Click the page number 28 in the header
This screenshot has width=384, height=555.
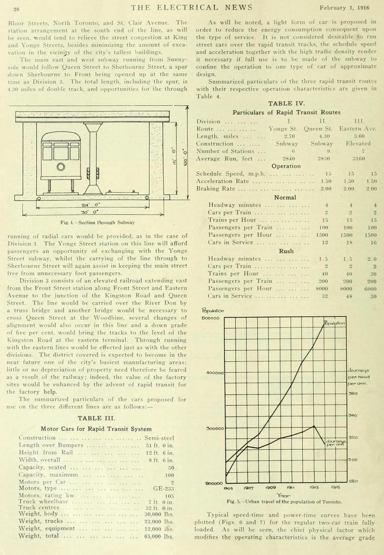click(x=16, y=9)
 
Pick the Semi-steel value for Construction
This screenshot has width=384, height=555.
click(x=159, y=438)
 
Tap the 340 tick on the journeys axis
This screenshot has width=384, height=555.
click(x=353, y=416)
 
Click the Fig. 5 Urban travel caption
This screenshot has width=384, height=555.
click(x=284, y=501)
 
